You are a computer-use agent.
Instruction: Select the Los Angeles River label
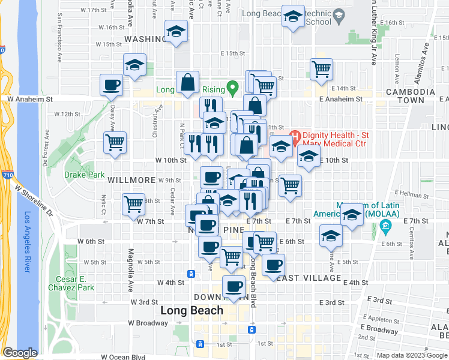[x=28, y=242]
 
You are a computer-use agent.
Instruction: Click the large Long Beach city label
[x=192, y=311]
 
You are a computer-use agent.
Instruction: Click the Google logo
[x=20, y=353]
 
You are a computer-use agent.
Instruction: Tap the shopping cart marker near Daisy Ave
[x=115, y=143]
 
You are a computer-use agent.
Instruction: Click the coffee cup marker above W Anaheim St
[x=112, y=85]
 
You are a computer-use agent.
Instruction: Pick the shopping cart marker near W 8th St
[x=133, y=203]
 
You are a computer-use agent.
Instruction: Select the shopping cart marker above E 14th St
[x=321, y=69]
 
